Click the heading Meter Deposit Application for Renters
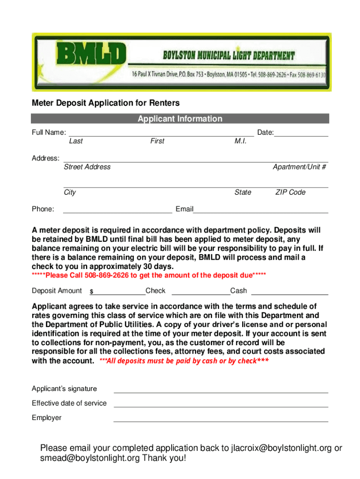(106, 103)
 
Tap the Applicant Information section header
(180, 119)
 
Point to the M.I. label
(240, 141)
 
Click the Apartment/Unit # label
(299, 167)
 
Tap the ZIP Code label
(290, 192)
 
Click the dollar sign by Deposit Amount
(92, 292)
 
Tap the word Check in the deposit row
(156, 290)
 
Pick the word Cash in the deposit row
(238, 290)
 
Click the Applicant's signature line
(221, 392)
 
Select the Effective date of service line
(221, 406)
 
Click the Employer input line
(221, 421)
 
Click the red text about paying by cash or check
(184, 361)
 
